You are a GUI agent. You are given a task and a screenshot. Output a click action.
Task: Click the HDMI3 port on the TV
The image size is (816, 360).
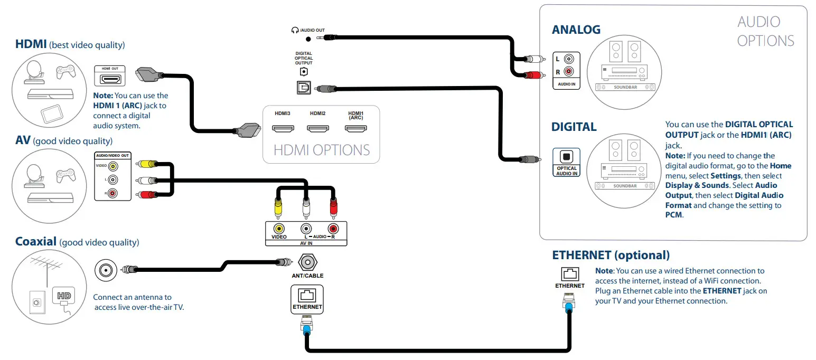[x=283, y=128]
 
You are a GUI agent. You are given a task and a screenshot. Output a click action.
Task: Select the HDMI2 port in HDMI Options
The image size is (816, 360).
[x=318, y=128]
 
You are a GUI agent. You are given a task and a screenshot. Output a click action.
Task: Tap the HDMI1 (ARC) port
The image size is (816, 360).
[x=355, y=128]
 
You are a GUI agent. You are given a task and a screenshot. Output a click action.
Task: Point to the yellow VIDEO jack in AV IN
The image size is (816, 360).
[x=278, y=229]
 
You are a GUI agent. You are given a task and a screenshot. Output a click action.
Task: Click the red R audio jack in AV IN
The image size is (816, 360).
[x=332, y=229]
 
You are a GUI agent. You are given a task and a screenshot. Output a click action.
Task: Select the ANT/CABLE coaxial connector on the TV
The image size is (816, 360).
[x=307, y=262]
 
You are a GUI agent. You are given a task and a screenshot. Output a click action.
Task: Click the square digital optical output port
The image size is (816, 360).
[x=303, y=89]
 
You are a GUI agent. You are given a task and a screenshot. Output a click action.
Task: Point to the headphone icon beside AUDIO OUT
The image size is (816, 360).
[x=295, y=30]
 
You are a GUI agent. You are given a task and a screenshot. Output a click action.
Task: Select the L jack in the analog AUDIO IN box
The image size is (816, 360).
[x=568, y=59]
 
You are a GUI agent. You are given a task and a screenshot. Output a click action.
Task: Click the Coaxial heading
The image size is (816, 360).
[x=36, y=242]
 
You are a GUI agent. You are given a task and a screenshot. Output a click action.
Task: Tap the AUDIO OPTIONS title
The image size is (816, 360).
[x=765, y=31]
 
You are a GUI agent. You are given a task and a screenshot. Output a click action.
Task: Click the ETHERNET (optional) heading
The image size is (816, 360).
[x=611, y=255]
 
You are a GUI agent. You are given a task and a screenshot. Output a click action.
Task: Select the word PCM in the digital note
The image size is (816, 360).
[x=674, y=215]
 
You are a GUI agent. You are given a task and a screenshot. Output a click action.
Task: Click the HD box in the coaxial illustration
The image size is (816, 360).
[x=64, y=295]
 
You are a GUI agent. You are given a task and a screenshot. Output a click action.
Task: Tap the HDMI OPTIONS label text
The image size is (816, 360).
[x=321, y=150]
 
